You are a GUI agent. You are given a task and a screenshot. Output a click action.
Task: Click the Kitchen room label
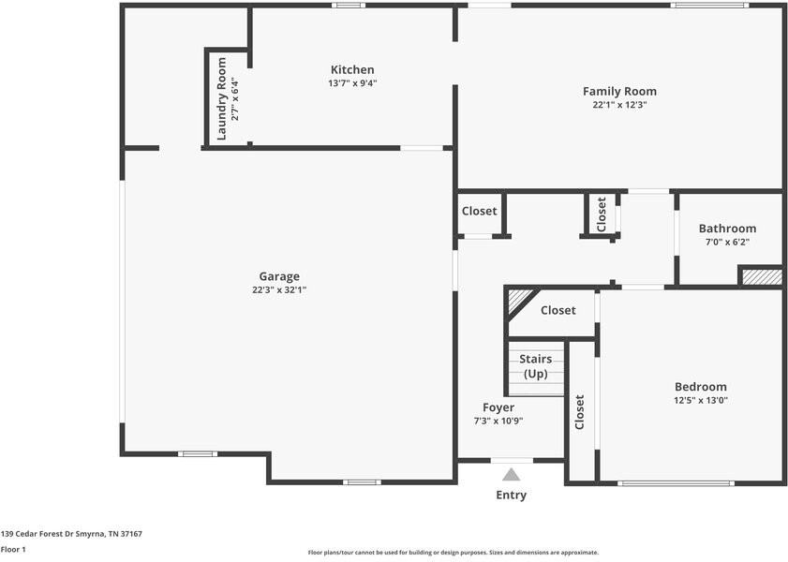point(352,69)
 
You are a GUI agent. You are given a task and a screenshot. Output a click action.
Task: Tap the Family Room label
point(619,91)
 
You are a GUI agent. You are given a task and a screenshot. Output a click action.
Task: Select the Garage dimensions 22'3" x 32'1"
point(279,290)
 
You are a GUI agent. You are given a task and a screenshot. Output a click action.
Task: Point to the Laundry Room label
point(222,99)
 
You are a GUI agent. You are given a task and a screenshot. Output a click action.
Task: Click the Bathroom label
point(727,229)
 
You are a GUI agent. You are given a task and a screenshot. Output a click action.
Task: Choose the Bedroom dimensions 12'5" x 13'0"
point(701,401)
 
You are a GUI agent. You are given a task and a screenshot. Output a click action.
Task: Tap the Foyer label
point(498,407)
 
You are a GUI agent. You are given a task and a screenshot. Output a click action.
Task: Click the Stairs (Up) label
point(535,366)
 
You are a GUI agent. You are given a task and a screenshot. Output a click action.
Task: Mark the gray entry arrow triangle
point(512,475)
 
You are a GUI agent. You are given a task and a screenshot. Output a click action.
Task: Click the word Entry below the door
point(512,495)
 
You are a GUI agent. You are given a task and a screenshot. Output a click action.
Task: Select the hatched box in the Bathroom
point(761,277)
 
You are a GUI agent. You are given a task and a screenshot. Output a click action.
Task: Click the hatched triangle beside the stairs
point(517,301)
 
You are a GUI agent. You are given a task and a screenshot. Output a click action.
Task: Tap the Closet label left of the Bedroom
point(580,413)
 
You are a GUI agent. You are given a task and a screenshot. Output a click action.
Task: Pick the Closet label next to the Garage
point(480,211)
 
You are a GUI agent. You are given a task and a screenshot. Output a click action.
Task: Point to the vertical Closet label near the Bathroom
point(602,214)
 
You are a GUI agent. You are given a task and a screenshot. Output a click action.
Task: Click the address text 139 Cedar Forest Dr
point(71,533)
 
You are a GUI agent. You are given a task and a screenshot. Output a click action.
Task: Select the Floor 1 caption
point(13,550)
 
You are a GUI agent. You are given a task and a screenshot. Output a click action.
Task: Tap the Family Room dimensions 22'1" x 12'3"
point(619,105)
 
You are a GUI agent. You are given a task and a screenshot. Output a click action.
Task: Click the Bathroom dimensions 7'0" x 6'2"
point(727,242)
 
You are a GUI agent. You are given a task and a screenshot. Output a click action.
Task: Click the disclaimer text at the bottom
point(453,553)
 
